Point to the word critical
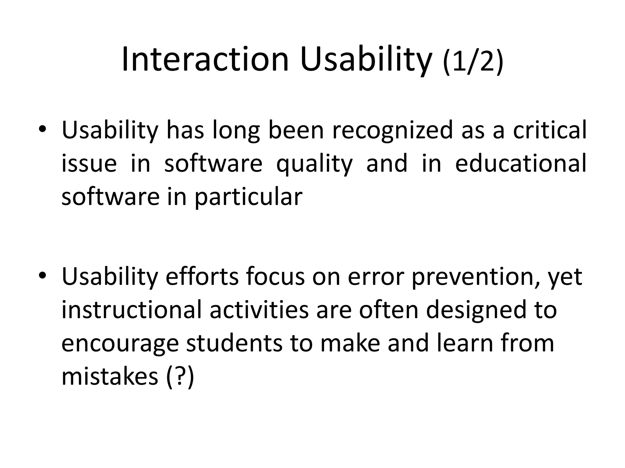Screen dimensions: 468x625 tap(550, 129)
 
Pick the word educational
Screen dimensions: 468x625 tap(521, 163)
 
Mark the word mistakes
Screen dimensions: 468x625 tap(110, 376)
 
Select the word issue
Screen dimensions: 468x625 tap(89, 163)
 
